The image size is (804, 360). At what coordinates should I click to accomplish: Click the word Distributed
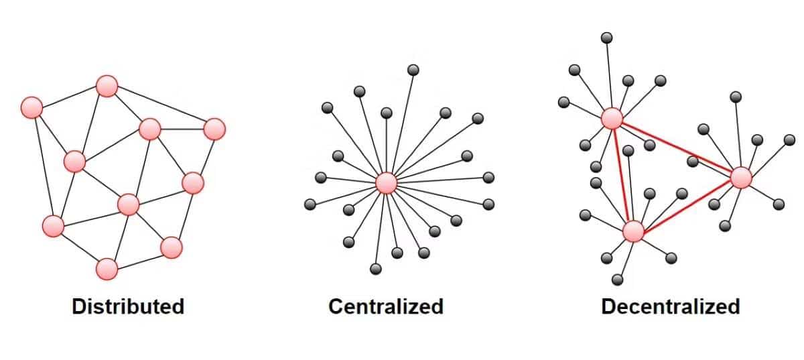point(128,306)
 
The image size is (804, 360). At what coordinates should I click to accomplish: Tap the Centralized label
point(386,306)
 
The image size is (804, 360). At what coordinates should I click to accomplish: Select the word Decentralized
point(670,306)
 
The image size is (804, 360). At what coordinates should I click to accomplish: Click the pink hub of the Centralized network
point(386,182)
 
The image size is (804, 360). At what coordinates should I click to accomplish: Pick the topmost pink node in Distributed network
point(107,86)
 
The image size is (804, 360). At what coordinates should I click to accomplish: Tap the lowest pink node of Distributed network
point(107,269)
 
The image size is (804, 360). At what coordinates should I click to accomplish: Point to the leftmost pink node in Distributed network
point(31,107)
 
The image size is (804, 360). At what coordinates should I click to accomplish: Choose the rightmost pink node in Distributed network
point(214,129)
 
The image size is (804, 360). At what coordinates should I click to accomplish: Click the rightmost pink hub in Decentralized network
point(741,178)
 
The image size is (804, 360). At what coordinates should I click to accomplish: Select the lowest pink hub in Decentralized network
point(633,231)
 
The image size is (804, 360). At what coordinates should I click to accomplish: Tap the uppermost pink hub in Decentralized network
point(612,119)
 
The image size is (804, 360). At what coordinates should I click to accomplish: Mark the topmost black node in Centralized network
point(413,69)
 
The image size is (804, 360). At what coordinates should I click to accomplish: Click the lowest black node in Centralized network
point(375,269)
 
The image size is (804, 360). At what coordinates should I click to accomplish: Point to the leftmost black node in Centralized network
point(310,204)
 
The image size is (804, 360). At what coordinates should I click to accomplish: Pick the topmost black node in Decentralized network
point(606,37)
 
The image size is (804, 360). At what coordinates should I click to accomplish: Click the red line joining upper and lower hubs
point(622,175)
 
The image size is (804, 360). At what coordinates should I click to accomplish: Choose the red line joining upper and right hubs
point(677,148)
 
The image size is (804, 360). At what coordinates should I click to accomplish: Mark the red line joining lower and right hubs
point(687,204)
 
